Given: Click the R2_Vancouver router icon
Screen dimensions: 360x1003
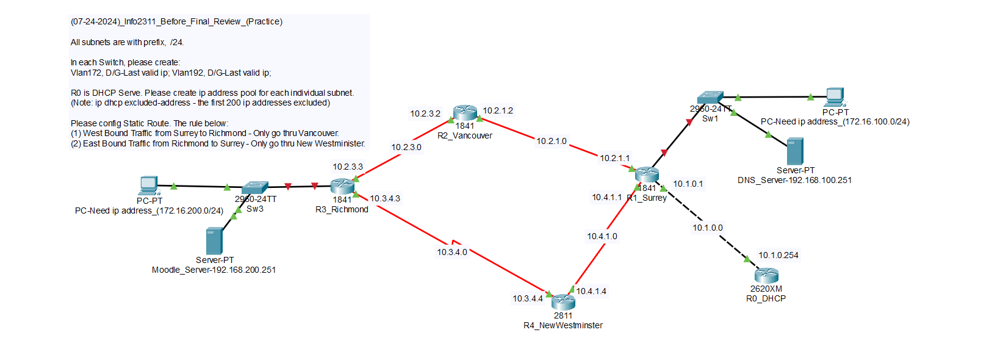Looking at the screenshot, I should pos(465,112).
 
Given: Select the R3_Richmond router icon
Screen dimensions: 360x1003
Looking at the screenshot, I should pos(342,186).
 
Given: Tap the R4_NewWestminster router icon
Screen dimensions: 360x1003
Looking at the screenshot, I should pos(563,301).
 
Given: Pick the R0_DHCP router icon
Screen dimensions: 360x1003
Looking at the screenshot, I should pos(766,275).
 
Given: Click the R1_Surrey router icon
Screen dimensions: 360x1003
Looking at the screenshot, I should pos(647,175).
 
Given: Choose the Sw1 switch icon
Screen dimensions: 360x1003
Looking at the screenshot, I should pos(711,98).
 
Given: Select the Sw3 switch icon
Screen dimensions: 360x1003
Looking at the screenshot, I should pos(254,187).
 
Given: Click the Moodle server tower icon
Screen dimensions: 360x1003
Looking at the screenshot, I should pos(214,240).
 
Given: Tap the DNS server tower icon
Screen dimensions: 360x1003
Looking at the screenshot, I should pos(795,151).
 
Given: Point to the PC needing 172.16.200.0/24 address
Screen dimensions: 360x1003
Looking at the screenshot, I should pos(149,185).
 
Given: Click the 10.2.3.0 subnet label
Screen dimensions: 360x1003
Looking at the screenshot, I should pos(406,147).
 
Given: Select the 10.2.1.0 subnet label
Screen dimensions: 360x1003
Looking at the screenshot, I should pos(552,141).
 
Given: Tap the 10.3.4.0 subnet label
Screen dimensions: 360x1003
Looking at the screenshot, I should pos(452,252).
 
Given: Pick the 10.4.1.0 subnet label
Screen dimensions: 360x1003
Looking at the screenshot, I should pos(602,236).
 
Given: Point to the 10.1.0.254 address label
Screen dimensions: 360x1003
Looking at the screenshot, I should pos(778,255).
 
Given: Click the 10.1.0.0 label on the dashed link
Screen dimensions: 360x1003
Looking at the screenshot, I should pos(708,228).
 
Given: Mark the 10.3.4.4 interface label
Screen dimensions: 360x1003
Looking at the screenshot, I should pos(528,298).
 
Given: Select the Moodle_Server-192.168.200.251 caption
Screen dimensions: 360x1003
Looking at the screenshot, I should pos(214,270).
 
